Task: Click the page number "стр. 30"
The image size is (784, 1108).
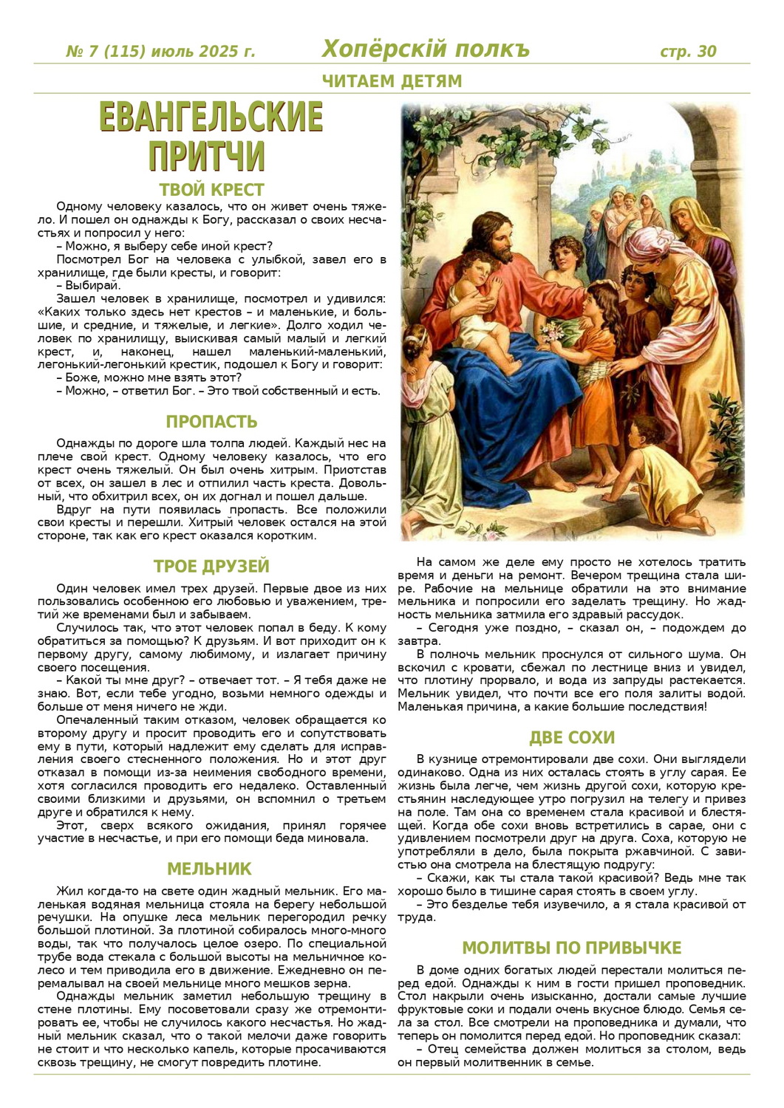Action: (687, 52)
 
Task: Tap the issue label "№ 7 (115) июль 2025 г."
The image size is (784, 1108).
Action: (160, 52)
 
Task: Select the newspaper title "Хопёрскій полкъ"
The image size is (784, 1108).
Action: (426, 49)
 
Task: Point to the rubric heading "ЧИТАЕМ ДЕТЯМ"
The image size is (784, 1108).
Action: (392, 81)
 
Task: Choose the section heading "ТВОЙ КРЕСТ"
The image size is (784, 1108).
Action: (211, 189)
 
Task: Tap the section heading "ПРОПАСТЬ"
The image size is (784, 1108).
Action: (211, 422)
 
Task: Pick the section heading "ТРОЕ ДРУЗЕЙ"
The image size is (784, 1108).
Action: (211, 567)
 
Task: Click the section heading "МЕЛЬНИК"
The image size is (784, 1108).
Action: (209, 869)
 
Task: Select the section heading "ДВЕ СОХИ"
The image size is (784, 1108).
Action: (572, 738)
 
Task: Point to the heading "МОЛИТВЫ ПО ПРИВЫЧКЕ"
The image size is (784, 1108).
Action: (572, 948)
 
